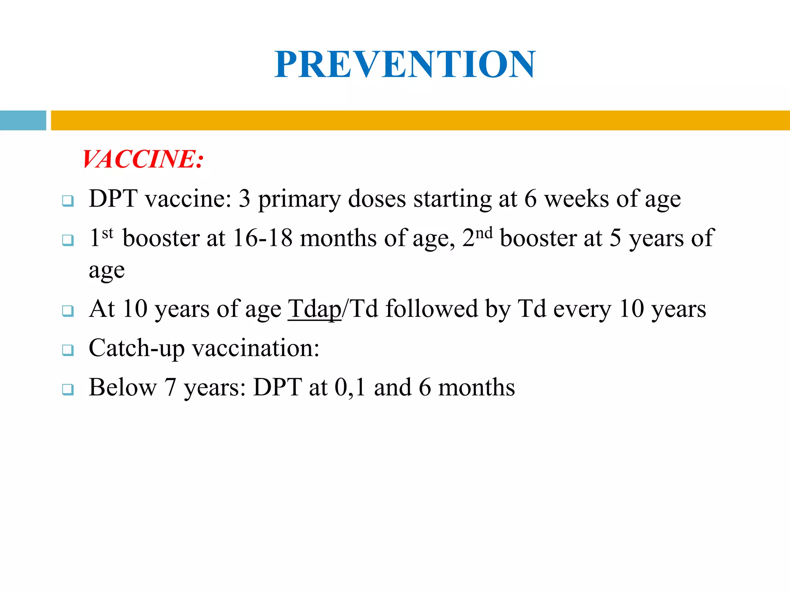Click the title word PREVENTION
tap(405, 64)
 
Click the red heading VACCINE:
tap(143, 159)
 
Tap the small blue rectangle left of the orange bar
tap(23, 120)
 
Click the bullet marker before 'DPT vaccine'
tap(68, 201)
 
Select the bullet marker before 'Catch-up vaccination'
tap(68, 350)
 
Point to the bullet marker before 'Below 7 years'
tap(68, 389)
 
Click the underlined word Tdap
tap(314, 309)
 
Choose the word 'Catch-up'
tap(137, 348)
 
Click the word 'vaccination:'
tap(256, 348)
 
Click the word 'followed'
tap(432, 309)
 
